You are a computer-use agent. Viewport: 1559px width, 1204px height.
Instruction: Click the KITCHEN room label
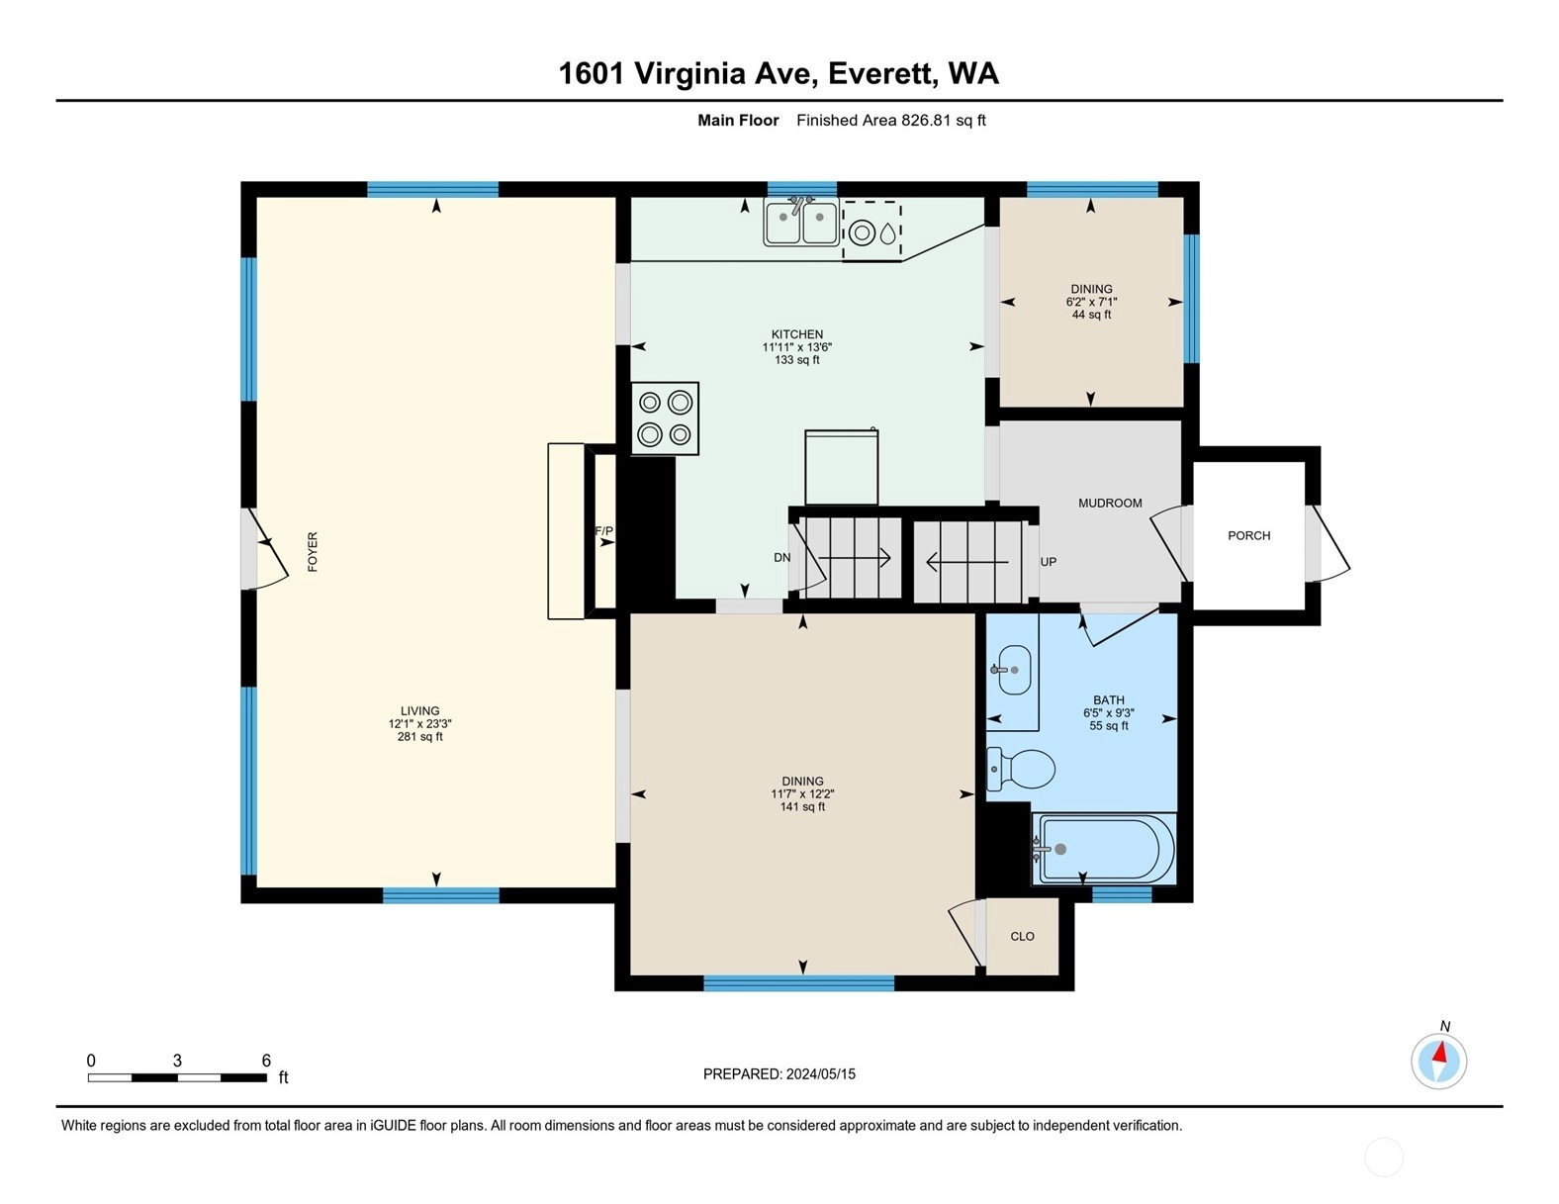tap(796, 334)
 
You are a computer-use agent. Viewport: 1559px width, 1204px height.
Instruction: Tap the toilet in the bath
tap(1020, 769)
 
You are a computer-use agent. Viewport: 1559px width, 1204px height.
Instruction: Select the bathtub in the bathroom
tap(1103, 849)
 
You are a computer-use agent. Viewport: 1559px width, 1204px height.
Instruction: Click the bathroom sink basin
tap(1014, 670)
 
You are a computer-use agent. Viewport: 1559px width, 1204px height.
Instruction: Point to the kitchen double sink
tap(800, 224)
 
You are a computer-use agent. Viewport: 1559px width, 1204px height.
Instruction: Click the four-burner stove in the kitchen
tap(665, 418)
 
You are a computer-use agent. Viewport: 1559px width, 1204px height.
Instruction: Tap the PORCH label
tap(1249, 536)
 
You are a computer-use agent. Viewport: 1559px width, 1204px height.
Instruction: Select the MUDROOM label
tap(1110, 504)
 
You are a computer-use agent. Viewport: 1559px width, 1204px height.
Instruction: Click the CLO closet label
tap(1023, 936)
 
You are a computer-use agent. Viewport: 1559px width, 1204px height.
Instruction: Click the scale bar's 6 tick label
tap(266, 1061)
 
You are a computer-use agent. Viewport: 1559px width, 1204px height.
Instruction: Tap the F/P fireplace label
tap(603, 531)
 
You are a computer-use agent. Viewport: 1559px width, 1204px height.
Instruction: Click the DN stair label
tap(782, 558)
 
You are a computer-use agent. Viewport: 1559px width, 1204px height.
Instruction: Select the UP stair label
tap(1049, 562)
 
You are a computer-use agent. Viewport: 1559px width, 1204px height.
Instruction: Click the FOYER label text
tap(313, 552)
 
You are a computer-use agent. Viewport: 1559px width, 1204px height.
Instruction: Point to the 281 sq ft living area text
tap(420, 737)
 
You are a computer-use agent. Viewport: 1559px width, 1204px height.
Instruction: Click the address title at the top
tap(779, 73)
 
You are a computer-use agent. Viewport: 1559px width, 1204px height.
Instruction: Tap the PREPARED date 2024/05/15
tap(821, 1074)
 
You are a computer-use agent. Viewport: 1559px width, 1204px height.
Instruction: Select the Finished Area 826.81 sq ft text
tap(891, 121)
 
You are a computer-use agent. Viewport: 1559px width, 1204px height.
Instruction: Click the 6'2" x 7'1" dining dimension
tap(1091, 302)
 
